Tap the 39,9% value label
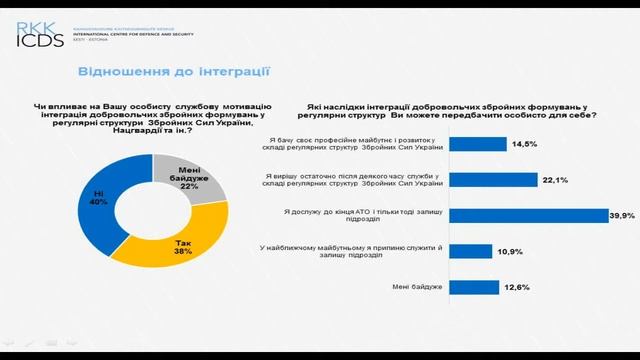pos(624,214)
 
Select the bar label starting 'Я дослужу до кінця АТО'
pos(368,214)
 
